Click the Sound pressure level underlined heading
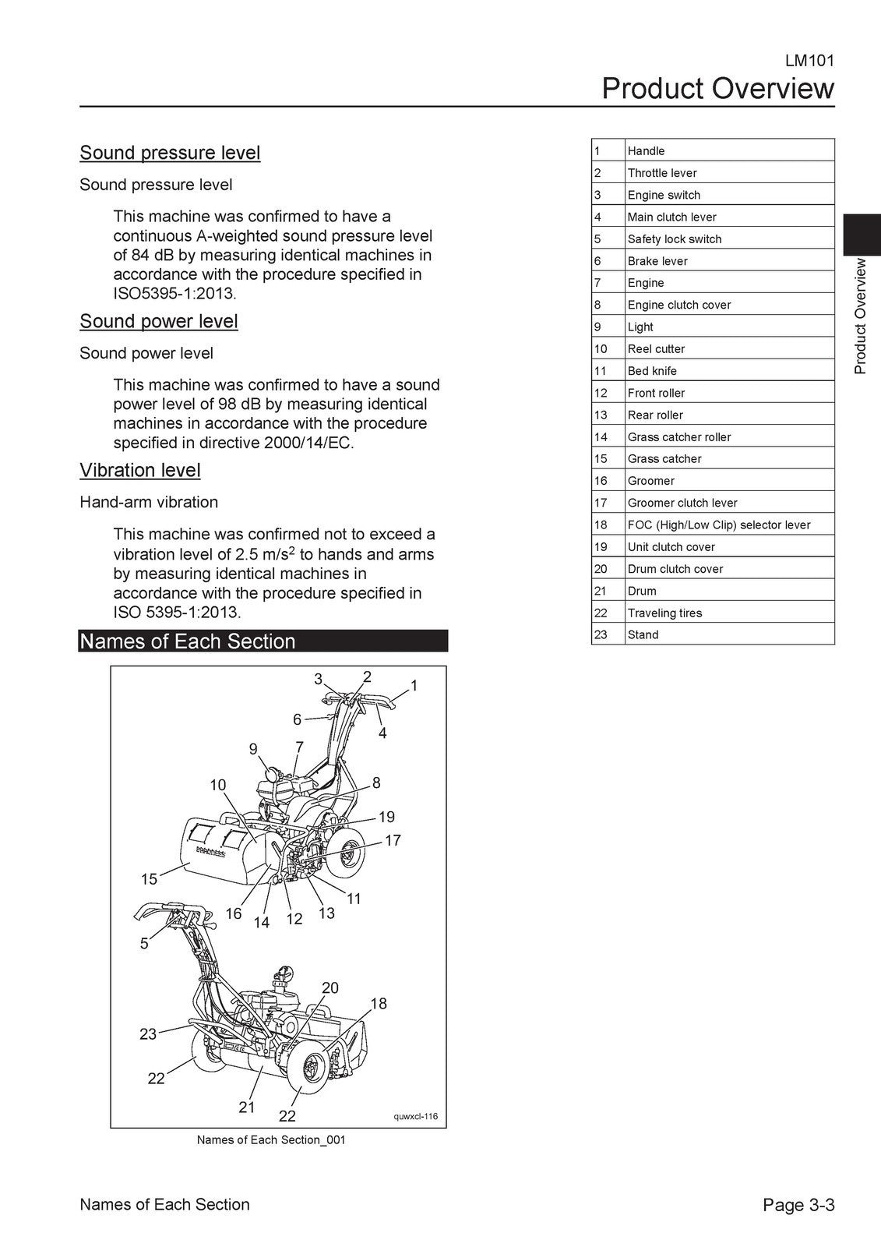(170, 153)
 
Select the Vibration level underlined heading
(140, 470)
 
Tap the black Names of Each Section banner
(263, 641)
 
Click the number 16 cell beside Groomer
(601, 481)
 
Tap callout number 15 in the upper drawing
(149, 879)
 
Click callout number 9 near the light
(253, 749)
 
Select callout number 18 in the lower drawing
(379, 1004)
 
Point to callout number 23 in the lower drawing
(148, 1034)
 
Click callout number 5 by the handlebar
(144, 944)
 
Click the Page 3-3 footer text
(798, 1205)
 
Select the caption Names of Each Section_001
(271, 1140)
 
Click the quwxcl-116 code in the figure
(416, 1116)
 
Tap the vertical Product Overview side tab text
(860, 316)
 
